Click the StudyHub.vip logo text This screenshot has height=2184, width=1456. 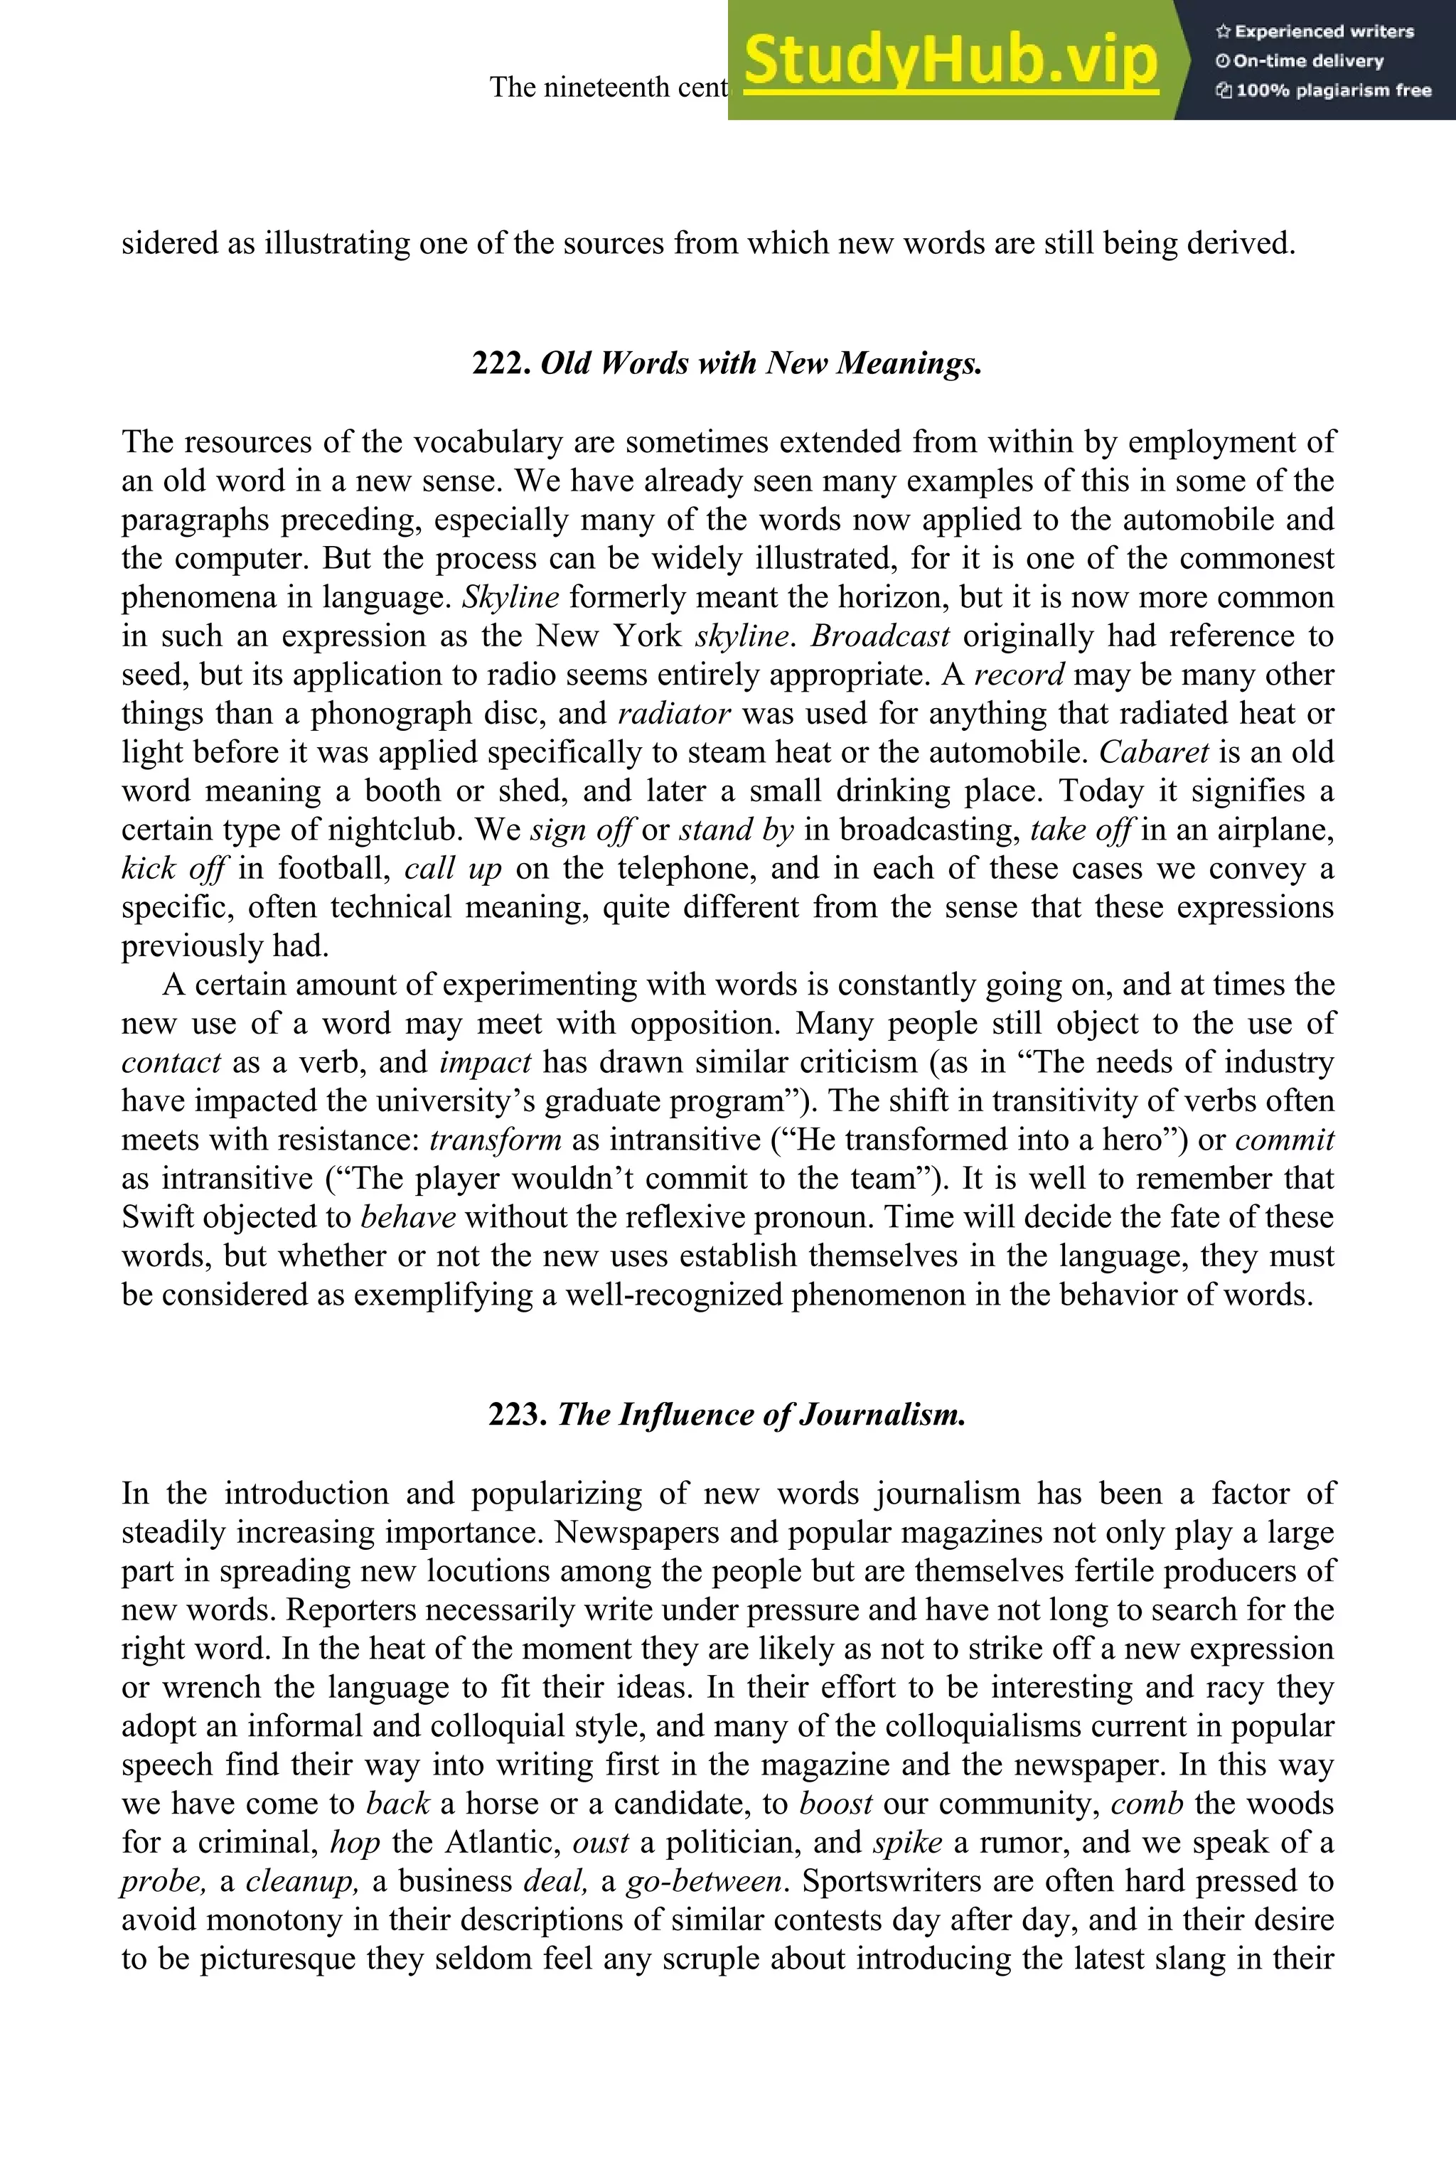[x=950, y=60]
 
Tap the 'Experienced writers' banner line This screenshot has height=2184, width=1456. [x=1314, y=31]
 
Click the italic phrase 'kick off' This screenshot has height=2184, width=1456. [x=173, y=868]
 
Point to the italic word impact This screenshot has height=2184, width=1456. [x=485, y=1061]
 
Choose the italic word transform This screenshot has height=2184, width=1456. [x=495, y=1140]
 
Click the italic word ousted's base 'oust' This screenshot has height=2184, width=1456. [x=600, y=1842]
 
